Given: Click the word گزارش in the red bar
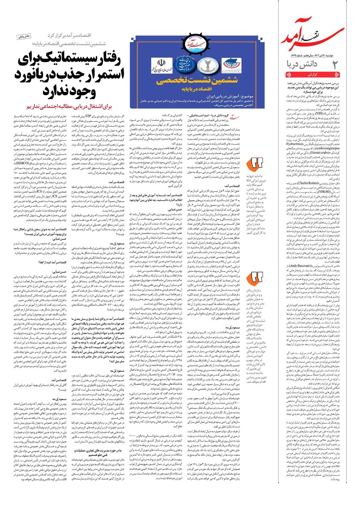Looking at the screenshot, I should [x=313, y=75].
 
